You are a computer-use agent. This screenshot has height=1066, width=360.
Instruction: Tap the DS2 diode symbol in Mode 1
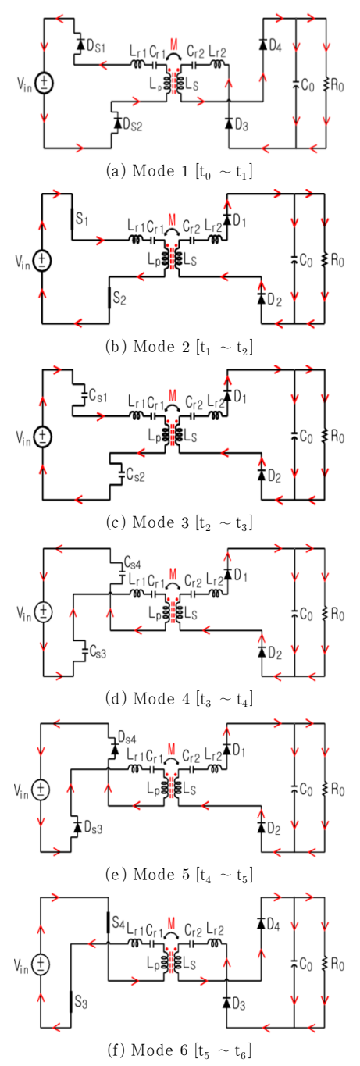pyautogui.click(x=117, y=123)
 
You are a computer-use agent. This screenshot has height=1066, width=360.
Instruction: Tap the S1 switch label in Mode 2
pyautogui.click(x=82, y=219)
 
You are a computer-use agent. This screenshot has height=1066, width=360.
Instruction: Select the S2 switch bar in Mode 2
pyautogui.click(x=109, y=298)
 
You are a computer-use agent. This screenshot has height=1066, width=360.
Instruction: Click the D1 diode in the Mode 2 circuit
pyautogui.click(x=227, y=219)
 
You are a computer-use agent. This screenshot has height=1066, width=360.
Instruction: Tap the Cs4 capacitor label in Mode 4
pyautogui.click(x=132, y=564)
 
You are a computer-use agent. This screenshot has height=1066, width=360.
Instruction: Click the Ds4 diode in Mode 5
pyautogui.click(x=115, y=750)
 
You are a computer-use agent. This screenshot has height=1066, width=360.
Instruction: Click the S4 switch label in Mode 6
pyautogui.click(x=119, y=923)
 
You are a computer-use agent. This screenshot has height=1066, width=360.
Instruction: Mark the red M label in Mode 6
pyautogui.click(x=172, y=923)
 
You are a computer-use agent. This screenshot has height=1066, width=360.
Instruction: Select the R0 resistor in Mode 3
pyautogui.click(x=326, y=437)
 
